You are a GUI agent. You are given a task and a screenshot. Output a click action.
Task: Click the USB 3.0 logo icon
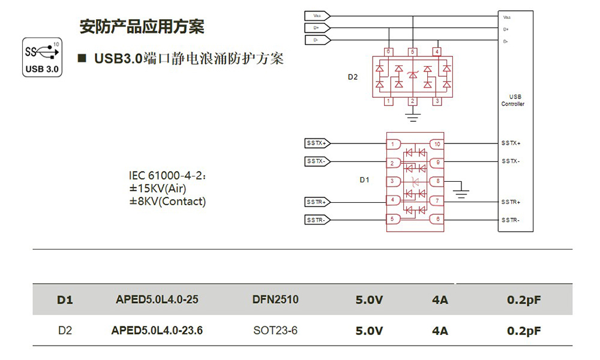(x=42, y=58)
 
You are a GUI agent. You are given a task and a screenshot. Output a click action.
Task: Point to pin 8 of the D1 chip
(x=437, y=181)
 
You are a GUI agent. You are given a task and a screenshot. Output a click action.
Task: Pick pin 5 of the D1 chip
(x=392, y=220)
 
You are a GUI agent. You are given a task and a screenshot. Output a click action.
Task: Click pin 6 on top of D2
(x=388, y=52)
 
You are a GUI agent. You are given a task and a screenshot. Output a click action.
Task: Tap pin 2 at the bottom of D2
(x=412, y=101)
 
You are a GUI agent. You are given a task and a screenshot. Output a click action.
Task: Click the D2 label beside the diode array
(x=353, y=77)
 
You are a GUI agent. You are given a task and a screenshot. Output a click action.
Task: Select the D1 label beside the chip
(x=364, y=179)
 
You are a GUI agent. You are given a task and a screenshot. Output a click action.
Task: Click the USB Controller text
(x=513, y=100)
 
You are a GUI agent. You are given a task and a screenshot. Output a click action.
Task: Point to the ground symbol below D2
(x=412, y=116)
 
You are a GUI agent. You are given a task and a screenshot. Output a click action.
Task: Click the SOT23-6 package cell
(x=275, y=331)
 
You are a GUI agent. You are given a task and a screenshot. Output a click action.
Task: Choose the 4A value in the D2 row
(x=440, y=331)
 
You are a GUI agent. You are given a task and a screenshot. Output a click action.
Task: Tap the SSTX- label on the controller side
(x=511, y=161)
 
